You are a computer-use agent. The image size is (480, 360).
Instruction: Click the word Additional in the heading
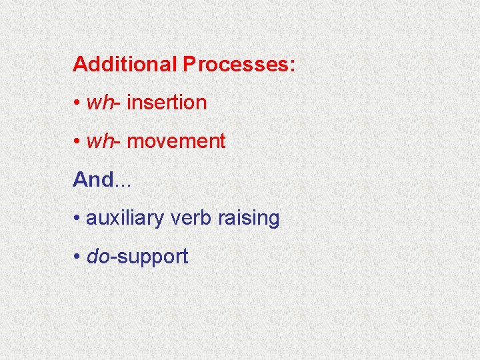(x=125, y=65)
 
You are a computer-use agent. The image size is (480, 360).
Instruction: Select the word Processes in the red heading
(x=235, y=65)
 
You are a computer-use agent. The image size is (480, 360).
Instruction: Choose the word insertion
(x=166, y=103)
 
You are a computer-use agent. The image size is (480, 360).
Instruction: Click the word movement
(x=175, y=141)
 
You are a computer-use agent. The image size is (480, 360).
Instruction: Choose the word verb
(x=194, y=218)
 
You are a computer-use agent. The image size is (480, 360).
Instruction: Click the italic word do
(x=97, y=257)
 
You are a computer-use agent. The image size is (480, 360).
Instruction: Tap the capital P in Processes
(x=190, y=65)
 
